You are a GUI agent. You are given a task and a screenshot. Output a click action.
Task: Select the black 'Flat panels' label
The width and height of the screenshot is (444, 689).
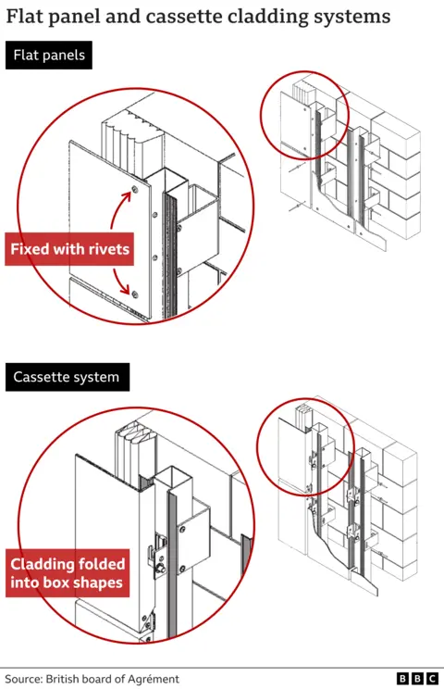[48, 56]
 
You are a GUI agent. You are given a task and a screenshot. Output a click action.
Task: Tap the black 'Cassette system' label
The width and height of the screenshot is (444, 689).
[66, 378]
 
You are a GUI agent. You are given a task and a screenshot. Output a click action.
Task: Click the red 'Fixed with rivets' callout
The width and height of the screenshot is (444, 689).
[70, 249]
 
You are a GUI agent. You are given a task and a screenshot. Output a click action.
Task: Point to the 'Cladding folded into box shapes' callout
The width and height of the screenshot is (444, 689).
[68, 573]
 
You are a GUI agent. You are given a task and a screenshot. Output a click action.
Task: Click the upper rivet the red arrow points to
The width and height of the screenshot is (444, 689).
[135, 190]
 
